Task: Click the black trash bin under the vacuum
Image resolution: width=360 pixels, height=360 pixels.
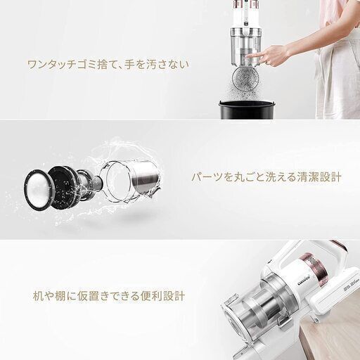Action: (x=247, y=110)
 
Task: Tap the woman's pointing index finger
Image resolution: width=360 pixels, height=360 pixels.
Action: (x=255, y=56)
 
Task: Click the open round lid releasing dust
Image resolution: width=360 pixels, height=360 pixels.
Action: (x=245, y=79)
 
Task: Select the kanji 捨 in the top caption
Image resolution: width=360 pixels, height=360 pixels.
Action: (x=103, y=64)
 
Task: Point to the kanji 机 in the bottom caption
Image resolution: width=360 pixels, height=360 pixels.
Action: (x=38, y=296)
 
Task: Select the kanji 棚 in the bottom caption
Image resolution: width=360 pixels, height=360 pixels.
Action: (x=60, y=296)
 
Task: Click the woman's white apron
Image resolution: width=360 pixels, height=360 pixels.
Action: (x=337, y=77)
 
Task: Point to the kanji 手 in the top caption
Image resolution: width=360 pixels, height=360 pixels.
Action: (x=129, y=64)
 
